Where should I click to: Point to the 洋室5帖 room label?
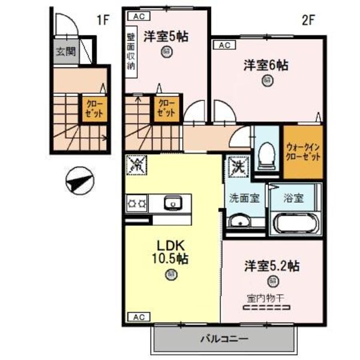click(x=166, y=36)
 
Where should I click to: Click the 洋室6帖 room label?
click(x=266, y=65)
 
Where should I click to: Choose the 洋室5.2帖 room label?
click(x=272, y=266)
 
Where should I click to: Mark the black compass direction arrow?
click(x=79, y=181)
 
